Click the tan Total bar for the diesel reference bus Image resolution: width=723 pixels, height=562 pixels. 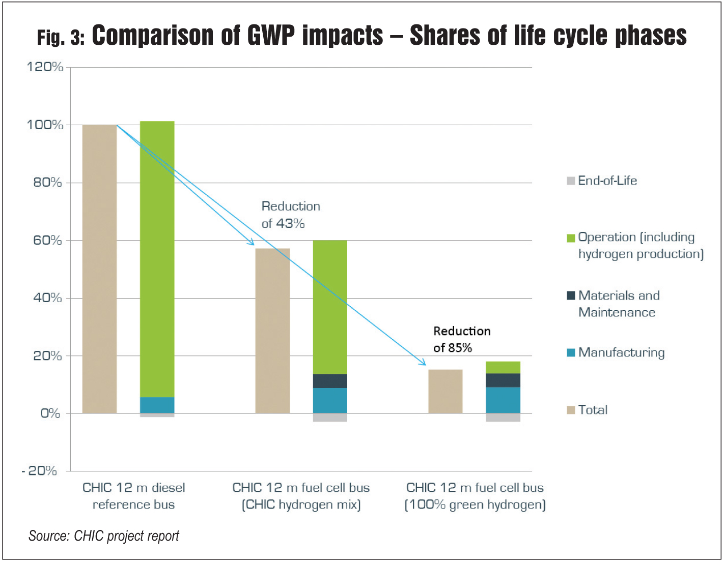pyautogui.click(x=99, y=269)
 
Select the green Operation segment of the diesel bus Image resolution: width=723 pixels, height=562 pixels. pyautogui.click(x=157, y=259)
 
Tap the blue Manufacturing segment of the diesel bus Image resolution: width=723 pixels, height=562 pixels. pyautogui.click(x=157, y=405)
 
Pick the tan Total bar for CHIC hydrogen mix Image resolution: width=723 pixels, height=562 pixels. pyautogui.click(x=272, y=331)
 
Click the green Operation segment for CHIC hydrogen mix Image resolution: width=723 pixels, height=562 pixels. pyautogui.click(x=330, y=307)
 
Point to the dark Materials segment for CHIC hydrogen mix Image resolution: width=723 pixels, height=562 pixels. pyautogui.click(x=330, y=381)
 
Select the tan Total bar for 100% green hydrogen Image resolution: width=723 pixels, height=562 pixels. pyautogui.click(x=445, y=391)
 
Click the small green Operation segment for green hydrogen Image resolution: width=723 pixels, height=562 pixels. pyautogui.click(x=503, y=367)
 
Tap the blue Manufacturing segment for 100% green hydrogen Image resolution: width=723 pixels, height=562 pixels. pyautogui.click(x=503, y=400)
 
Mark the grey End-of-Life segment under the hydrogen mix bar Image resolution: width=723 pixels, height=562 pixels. pyautogui.click(x=330, y=418)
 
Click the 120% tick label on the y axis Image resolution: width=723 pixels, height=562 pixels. pyautogui.click(x=45, y=67)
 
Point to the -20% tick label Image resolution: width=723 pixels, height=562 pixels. pyautogui.click(x=39, y=470)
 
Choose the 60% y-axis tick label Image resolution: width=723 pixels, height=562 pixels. pyautogui.click(x=47, y=240)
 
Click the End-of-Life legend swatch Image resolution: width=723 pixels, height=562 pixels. pyautogui.click(x=571, y=181)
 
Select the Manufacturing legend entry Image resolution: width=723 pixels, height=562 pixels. pyautogui.click(x=616, y=352)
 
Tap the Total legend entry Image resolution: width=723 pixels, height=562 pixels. pyautogui.click(x=587, y=410)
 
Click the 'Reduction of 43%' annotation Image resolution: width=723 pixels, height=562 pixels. pyautogui.click(x=291, y=215)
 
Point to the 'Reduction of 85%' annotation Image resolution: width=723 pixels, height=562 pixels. pyautogui.click(x=462, y=339)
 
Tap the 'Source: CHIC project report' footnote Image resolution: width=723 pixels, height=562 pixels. pyautogui.click(x=104, y=536)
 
